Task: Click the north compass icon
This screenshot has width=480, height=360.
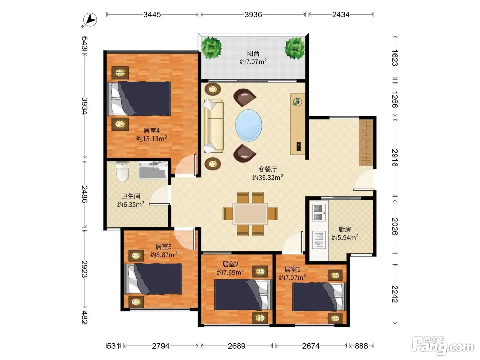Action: (x=90, y=20)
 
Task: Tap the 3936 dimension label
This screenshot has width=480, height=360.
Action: (x=253, y=15)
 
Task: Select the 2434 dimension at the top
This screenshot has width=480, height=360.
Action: (x=340, y=15)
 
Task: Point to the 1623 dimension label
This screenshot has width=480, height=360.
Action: (x=394, y=58)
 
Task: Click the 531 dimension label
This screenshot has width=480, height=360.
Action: (x=113, y=346)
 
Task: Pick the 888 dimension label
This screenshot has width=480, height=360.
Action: (x=361, y=346)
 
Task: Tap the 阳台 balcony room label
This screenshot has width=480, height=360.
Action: (x=253, y=53)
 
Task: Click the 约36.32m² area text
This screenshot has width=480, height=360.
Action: (x=267, y=177)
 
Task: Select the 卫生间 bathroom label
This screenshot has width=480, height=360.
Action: (x=131, y=196)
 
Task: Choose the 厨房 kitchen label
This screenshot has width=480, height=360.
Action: (x=345, y=229)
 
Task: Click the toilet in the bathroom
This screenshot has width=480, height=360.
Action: (x=122, y=172)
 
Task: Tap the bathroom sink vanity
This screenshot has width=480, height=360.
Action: (x=153, y=170)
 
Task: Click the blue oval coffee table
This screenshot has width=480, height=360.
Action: (x=249, y=125)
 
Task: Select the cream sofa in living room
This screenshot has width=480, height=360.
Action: (x=214, y=126)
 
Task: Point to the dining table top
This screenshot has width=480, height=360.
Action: (x=250, y=214)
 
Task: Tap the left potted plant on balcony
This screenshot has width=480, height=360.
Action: (x=212, y=48)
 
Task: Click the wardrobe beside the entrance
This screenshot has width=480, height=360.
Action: (x=366, y=143)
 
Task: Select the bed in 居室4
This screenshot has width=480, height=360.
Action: (x=139, y=98)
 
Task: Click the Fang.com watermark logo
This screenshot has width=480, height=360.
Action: (x=443, y=346)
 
